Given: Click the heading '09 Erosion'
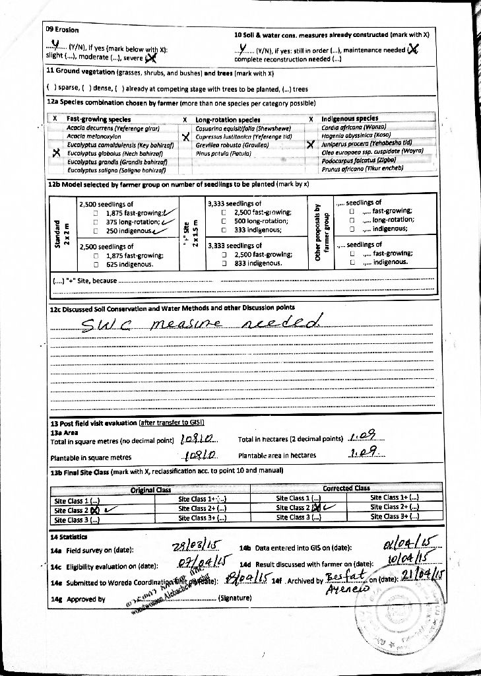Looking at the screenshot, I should coord(62,30).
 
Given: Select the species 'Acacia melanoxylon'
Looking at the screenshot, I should coord(93,135).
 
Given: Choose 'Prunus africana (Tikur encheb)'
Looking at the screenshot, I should coord(360,168).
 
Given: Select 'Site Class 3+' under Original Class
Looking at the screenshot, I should coord(203,519).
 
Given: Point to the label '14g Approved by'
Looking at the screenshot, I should coord(77,599).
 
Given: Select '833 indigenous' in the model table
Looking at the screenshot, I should coord(257,263).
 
